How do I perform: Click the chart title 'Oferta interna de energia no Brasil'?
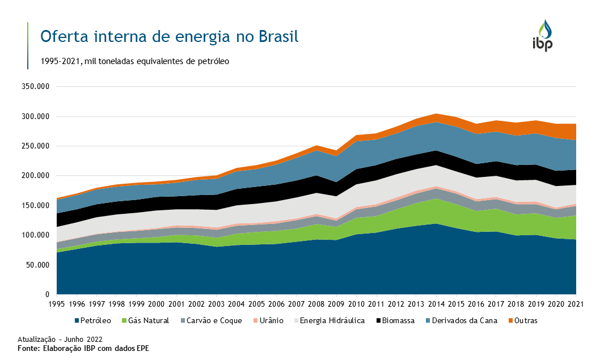169,37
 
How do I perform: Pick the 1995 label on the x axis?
57,304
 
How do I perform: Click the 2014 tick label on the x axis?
436,304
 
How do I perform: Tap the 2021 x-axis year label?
576,304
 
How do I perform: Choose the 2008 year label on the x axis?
316,304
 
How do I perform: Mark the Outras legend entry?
521,320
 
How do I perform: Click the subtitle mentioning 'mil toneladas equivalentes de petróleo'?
134,61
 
